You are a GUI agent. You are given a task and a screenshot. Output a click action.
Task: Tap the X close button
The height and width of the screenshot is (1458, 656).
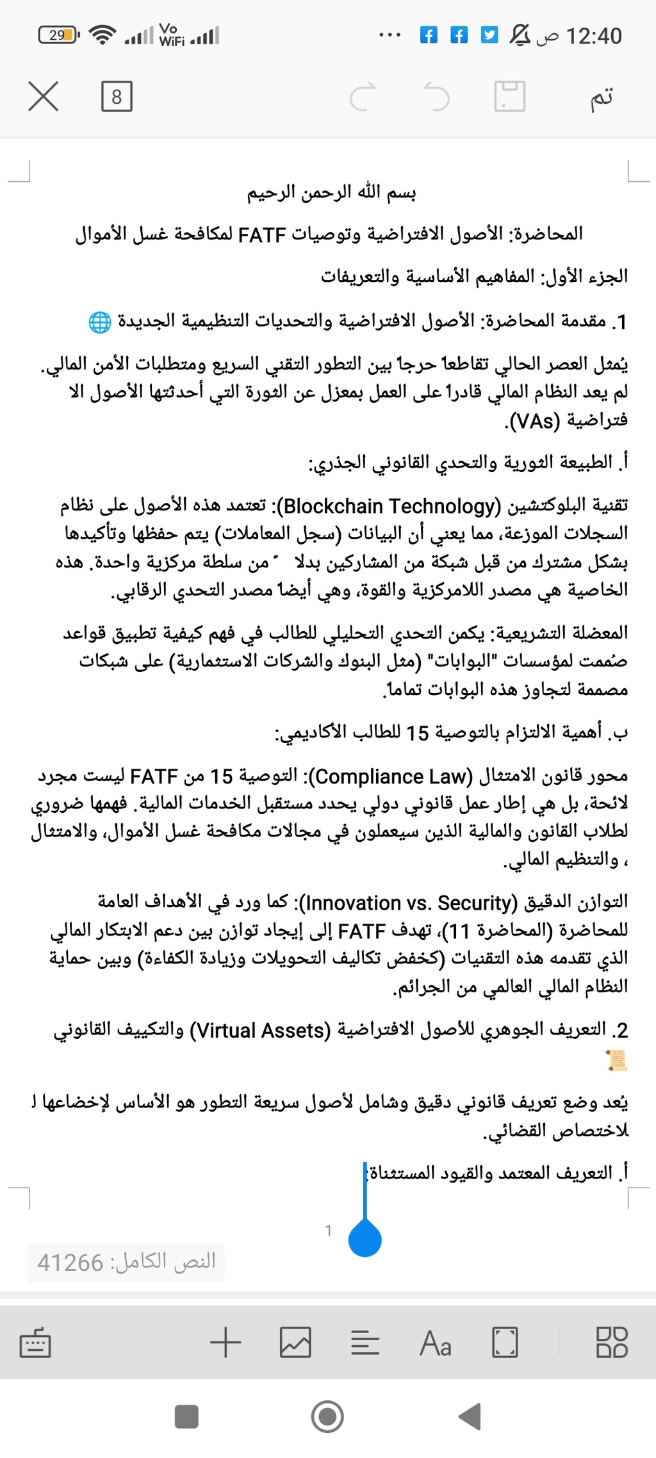coord(44,97)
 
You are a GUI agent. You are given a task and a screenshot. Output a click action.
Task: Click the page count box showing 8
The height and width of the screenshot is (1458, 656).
coord(117,97)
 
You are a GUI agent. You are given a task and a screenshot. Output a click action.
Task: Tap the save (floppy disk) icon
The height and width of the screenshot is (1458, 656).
coord(509,97)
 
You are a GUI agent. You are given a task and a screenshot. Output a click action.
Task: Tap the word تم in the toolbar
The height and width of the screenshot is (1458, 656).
coord(602,97)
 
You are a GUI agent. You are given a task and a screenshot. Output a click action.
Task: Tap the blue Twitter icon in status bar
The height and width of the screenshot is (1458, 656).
coord(489,35)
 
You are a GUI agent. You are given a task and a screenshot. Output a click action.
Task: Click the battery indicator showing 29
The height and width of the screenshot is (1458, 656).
coord(58,35)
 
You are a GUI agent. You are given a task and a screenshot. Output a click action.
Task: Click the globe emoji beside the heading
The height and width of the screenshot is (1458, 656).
coord(99,322)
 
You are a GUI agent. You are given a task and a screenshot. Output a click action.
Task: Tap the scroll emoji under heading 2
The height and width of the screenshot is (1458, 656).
coord(616,1060)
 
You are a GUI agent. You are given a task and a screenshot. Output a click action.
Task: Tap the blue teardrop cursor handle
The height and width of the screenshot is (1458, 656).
coord(365,1237)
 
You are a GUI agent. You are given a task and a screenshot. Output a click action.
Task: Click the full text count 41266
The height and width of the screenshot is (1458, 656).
coord(70,1263)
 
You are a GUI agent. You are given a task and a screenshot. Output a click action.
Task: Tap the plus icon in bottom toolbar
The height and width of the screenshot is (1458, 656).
coord(225,1342)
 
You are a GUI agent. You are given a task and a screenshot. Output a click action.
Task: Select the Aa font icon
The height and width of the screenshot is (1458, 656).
coord(436,1343)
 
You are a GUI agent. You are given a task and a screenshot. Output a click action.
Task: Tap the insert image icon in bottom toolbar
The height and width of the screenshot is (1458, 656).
coord(295,1342)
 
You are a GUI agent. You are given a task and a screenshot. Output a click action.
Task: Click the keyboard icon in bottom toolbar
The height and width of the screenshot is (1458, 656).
coord(35,1343)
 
